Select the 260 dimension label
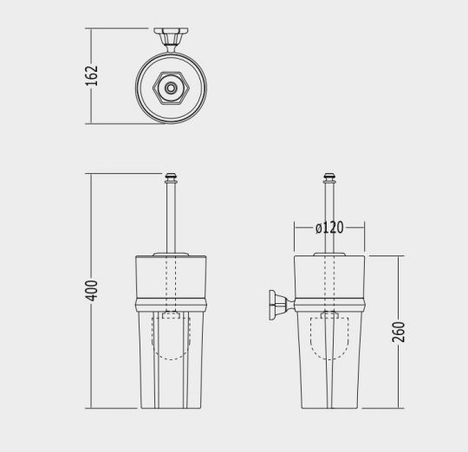coord(398,331)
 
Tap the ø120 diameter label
coord(329,228)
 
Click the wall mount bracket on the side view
coord(278,305)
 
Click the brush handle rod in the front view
coord(170,216)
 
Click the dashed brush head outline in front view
coord(170,342)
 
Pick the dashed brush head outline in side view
coord(329,342)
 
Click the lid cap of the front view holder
coord(170,254)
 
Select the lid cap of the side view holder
coord(329,254)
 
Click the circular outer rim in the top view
coord(139,89)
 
